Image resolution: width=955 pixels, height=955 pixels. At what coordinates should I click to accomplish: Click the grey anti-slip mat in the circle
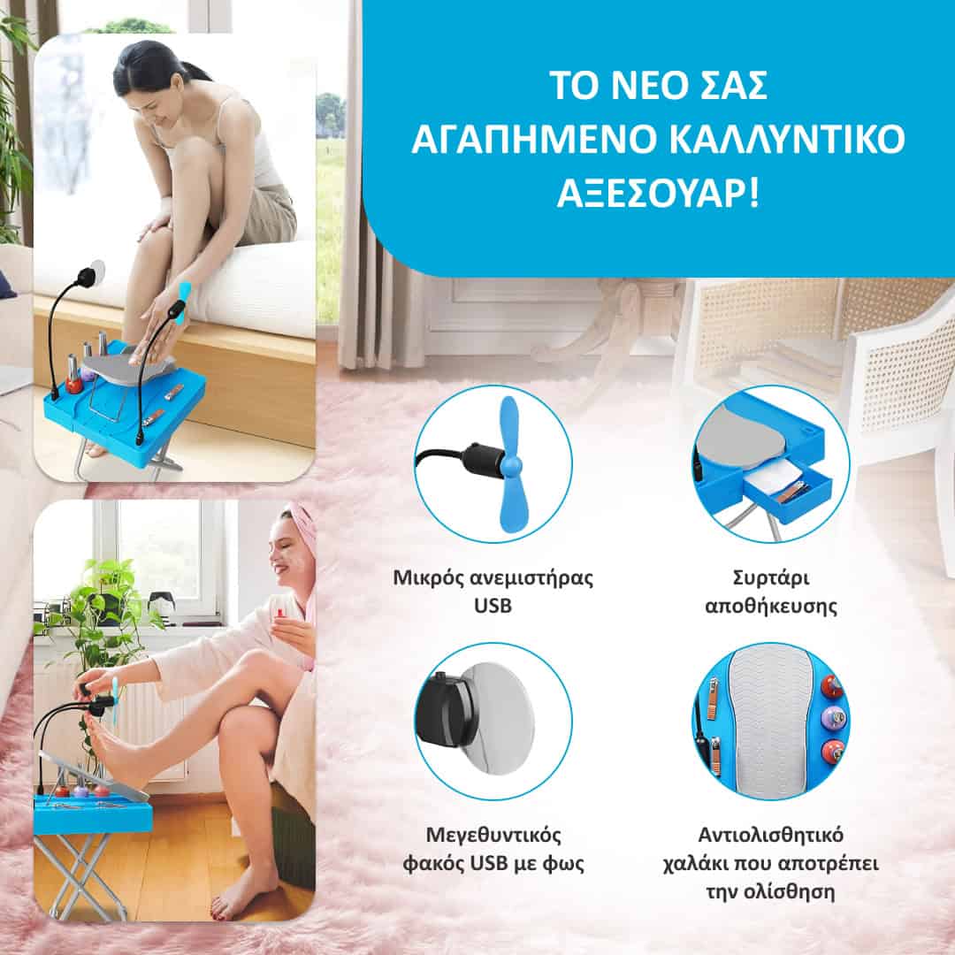click(769, 721)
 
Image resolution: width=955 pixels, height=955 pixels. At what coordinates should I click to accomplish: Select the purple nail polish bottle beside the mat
click(829, 720)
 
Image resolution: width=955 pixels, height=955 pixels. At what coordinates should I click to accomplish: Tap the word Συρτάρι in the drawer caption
click(770, 577)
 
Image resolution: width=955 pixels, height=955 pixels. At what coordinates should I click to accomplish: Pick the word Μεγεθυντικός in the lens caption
click(493, 835)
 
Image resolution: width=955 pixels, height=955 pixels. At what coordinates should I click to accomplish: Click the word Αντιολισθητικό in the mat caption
click(770, 834)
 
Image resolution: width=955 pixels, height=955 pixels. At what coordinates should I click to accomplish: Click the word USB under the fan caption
click(493, 606)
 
